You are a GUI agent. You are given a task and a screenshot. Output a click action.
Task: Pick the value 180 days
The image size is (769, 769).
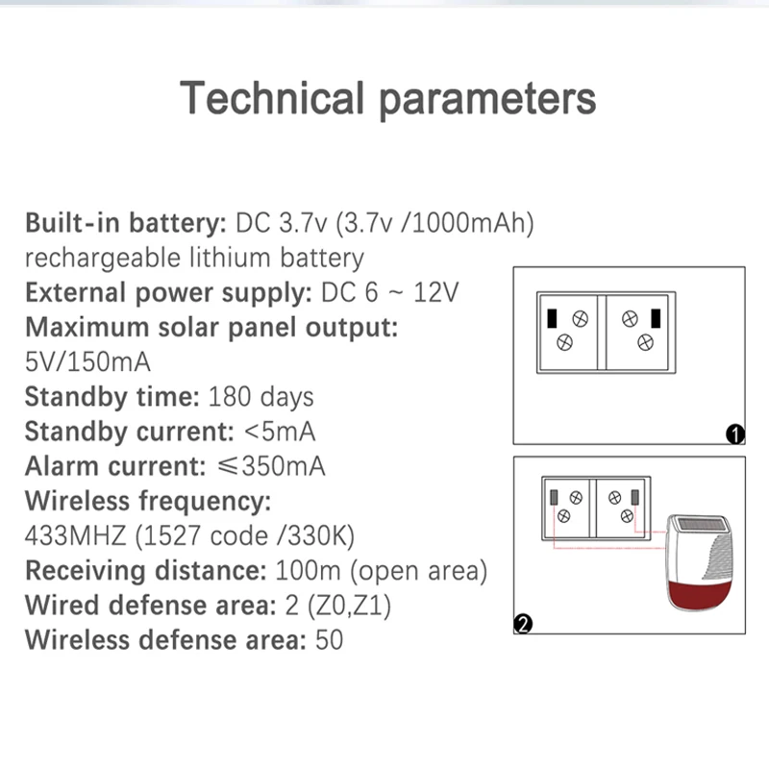coord(260,396)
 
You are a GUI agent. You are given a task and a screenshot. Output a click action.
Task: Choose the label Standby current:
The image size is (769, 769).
coord(129,431)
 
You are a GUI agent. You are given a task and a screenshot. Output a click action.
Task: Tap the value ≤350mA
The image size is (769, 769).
coord(270,465)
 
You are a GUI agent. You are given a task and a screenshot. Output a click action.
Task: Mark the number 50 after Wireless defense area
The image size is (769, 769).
coord(329,638)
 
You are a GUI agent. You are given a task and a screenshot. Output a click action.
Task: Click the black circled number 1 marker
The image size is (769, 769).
coord(735,434)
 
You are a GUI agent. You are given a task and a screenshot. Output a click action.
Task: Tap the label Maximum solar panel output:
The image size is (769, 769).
coord(211,327)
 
